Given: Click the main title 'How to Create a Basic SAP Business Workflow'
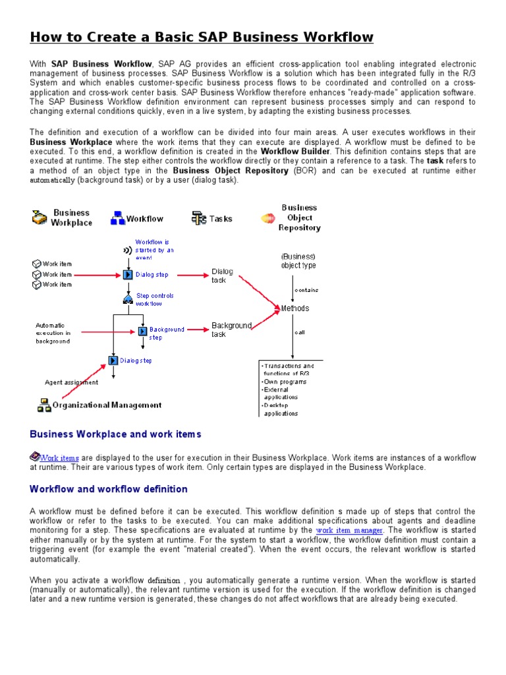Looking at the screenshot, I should pos(202,37).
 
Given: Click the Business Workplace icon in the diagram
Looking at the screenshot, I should pos(40,218).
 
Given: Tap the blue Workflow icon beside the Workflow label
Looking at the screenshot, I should pos(117,219).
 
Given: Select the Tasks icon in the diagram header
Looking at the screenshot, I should pos(198,218).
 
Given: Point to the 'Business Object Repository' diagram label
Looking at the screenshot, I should pos(299,218).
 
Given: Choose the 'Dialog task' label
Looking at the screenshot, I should pos(222,276).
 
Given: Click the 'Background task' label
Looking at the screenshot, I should pos(231,330).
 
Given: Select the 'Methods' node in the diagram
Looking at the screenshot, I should pos(295,308).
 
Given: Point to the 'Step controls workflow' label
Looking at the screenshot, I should pos(155,299).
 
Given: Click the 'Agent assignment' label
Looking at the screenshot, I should pos(71,382).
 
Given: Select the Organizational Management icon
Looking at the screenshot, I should pos(44,405).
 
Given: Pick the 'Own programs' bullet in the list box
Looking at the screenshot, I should pos(284,382).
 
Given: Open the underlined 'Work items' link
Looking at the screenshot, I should pos(59,457).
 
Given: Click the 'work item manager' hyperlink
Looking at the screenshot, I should pos(349,530).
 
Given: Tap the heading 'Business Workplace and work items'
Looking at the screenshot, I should pos(115,434).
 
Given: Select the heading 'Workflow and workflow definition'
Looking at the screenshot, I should pos(109,489).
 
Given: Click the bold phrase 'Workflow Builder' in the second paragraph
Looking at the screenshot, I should pos(295,151).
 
